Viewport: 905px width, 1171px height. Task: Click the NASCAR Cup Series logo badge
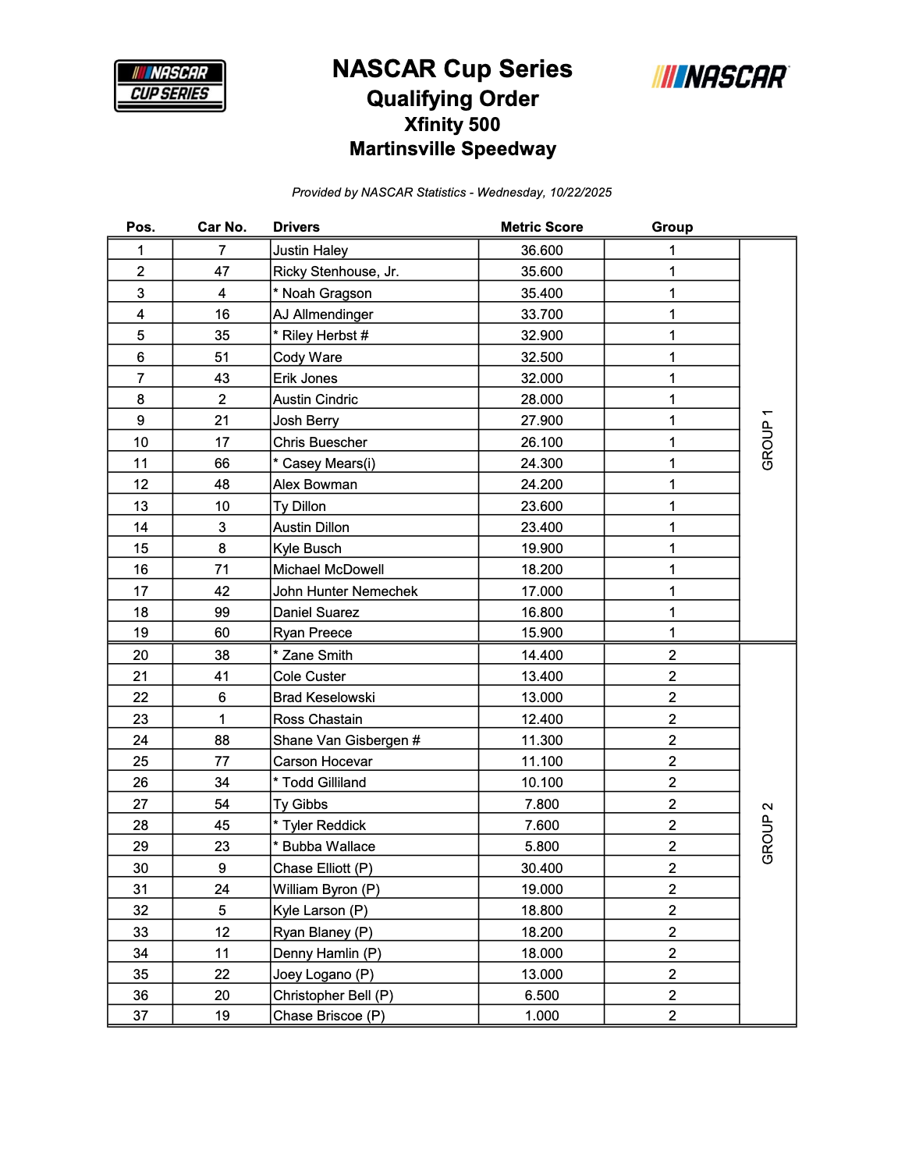170,86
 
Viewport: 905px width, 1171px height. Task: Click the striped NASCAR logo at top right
720,76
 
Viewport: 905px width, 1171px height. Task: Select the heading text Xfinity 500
452,125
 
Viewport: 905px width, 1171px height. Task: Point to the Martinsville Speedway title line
452,149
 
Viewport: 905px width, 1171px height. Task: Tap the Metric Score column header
541,227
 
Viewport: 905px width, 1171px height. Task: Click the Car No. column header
222,227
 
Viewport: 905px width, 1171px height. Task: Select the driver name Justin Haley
311,250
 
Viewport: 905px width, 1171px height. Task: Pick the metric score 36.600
541,250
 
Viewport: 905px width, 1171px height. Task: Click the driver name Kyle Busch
307,548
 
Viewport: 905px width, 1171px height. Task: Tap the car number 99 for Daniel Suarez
222,612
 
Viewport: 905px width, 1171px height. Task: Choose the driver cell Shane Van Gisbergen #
346,740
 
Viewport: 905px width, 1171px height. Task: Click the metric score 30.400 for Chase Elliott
541,868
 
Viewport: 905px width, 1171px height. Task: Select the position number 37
140,1016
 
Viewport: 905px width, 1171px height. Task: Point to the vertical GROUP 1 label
768,440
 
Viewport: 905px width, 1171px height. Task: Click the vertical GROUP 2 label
768,833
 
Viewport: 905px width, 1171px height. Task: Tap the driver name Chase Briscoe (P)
328,1016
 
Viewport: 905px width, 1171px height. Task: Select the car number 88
222,740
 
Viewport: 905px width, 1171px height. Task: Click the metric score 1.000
541,1016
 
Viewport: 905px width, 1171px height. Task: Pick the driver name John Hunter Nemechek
345,591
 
